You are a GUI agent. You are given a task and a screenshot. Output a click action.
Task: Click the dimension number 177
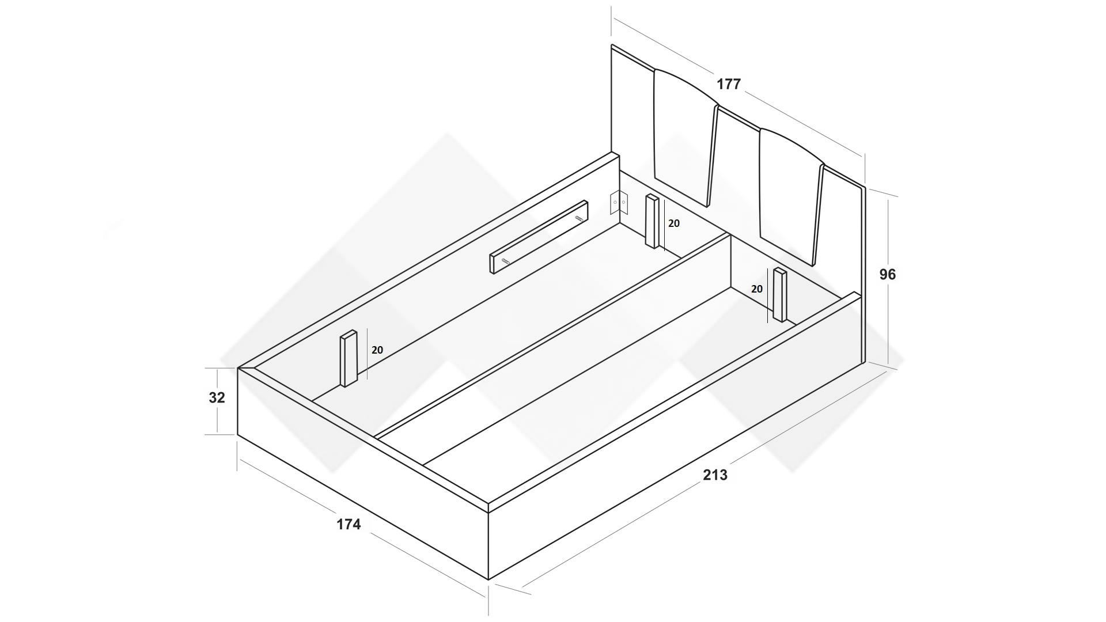(x=728, y=84)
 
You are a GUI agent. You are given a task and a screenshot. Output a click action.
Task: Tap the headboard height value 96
(x=887, y=275)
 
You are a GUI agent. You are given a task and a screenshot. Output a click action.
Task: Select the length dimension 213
(x=715, y=475)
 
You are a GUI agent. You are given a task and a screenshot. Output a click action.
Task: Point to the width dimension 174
(x=349, y=524)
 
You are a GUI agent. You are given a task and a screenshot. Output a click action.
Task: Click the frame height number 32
(x=217, y=397)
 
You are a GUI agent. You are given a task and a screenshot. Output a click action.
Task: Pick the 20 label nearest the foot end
(x=377, y=350)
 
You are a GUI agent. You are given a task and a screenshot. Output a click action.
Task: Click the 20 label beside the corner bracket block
(x=673, y=223)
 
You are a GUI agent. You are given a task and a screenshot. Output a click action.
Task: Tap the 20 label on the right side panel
(x=756, y=289)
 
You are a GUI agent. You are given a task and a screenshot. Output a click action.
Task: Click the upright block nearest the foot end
(x=349, y=359)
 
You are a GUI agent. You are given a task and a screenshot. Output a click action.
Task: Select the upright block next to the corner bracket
(x=652, y=222)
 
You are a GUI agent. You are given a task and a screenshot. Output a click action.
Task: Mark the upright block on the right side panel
(x=780, y=295)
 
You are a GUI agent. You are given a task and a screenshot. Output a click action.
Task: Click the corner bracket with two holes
(x=618, y=202)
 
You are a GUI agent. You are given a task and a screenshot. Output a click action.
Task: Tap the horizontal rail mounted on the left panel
(x=539, y=237)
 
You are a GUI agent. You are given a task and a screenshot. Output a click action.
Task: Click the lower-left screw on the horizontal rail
(x=505, y=261)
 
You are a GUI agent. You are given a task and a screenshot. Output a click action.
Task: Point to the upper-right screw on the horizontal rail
(x=578, y=218)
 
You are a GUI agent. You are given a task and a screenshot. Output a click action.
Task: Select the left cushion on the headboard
(x=684, y=135)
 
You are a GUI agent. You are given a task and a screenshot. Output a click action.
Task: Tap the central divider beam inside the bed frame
(x=553, y=340)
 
